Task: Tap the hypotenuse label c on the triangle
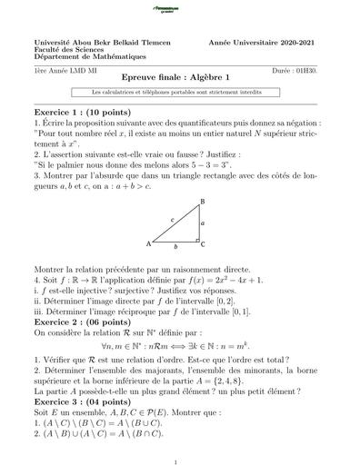pyautogui.click(x=172, y=220)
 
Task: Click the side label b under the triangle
pyautogui.click(x=177, y=247)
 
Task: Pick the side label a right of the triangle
pyautogui.click(x=204, y=223)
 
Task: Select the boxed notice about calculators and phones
pyautogui.click(x=179, y=93)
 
